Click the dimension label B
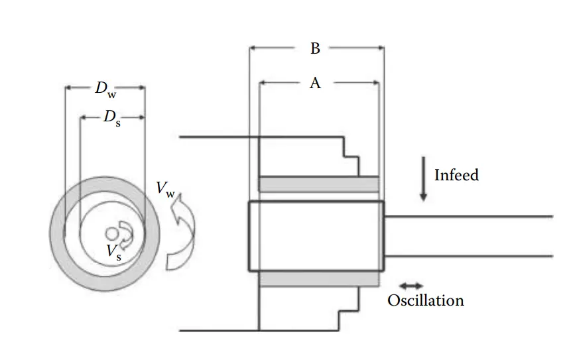[x=315, y=48]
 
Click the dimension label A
[x=315, y=83]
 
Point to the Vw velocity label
[x=166, y=188]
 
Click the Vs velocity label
[x=113, y=251]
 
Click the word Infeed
[x=456, y=175]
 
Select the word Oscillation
[x=425, y=300]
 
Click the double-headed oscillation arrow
[x=411, y=286]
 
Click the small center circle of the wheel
[x=111, y=233]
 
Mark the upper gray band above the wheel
[x=318, y=183]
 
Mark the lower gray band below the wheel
[x=318, y=278]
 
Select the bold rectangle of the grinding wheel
[x=316, y=235]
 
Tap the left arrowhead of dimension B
[x=253, y=48]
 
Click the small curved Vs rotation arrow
[x=126, y=233]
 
